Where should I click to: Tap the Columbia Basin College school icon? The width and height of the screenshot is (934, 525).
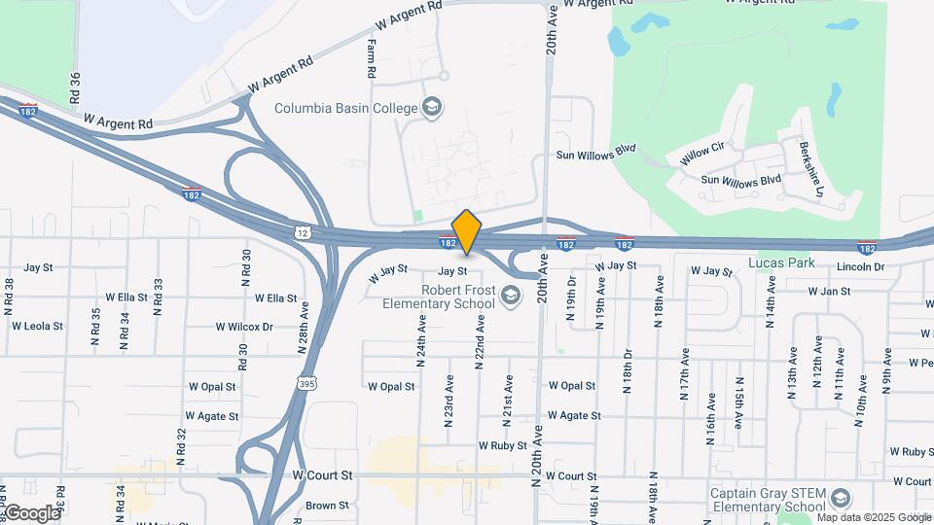[x=433, y=107]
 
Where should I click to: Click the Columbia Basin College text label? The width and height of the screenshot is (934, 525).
[x=346, y=108]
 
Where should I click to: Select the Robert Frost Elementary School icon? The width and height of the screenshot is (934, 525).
[x=510, y=292]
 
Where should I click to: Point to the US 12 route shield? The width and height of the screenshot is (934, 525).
[x=303, y=232]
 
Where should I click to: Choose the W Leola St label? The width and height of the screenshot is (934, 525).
[x=37, y=327]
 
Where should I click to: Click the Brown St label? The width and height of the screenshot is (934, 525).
[x=327, y=506]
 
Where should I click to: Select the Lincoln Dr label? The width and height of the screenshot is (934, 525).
[x=860, y=266]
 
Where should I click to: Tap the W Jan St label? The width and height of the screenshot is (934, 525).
[x=828, y=291]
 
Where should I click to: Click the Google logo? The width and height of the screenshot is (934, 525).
[x=31, y=512]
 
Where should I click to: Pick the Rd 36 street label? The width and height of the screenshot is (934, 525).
[x=74, y=88]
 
